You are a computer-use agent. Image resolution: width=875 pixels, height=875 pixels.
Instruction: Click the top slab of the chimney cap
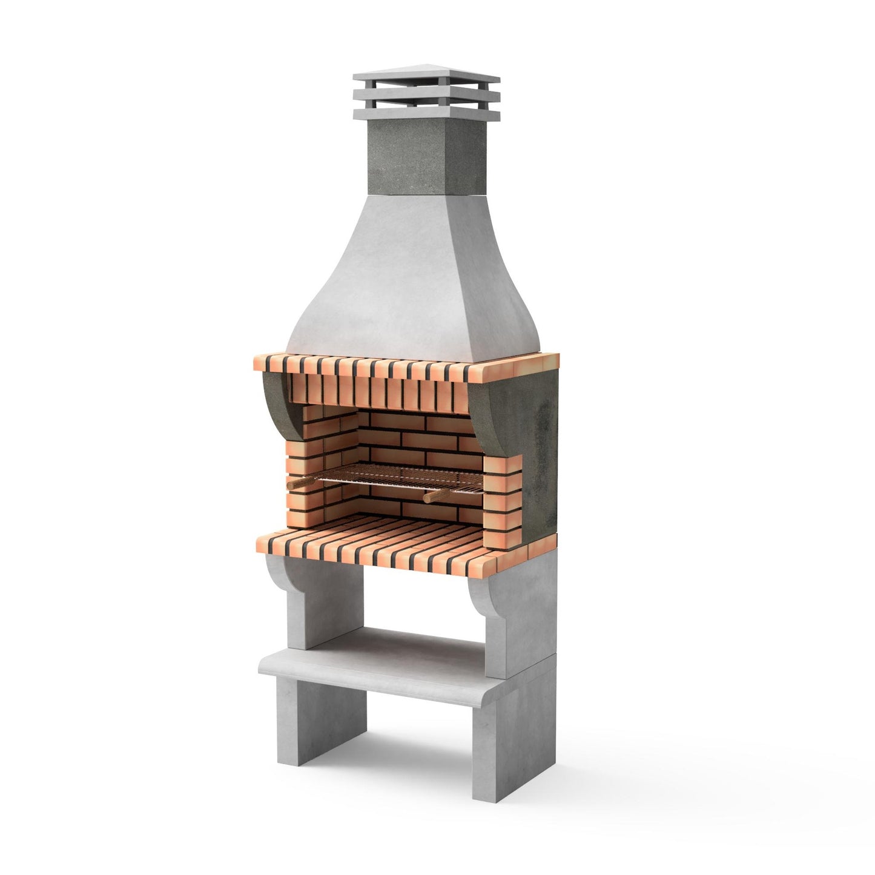pos(427,79)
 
